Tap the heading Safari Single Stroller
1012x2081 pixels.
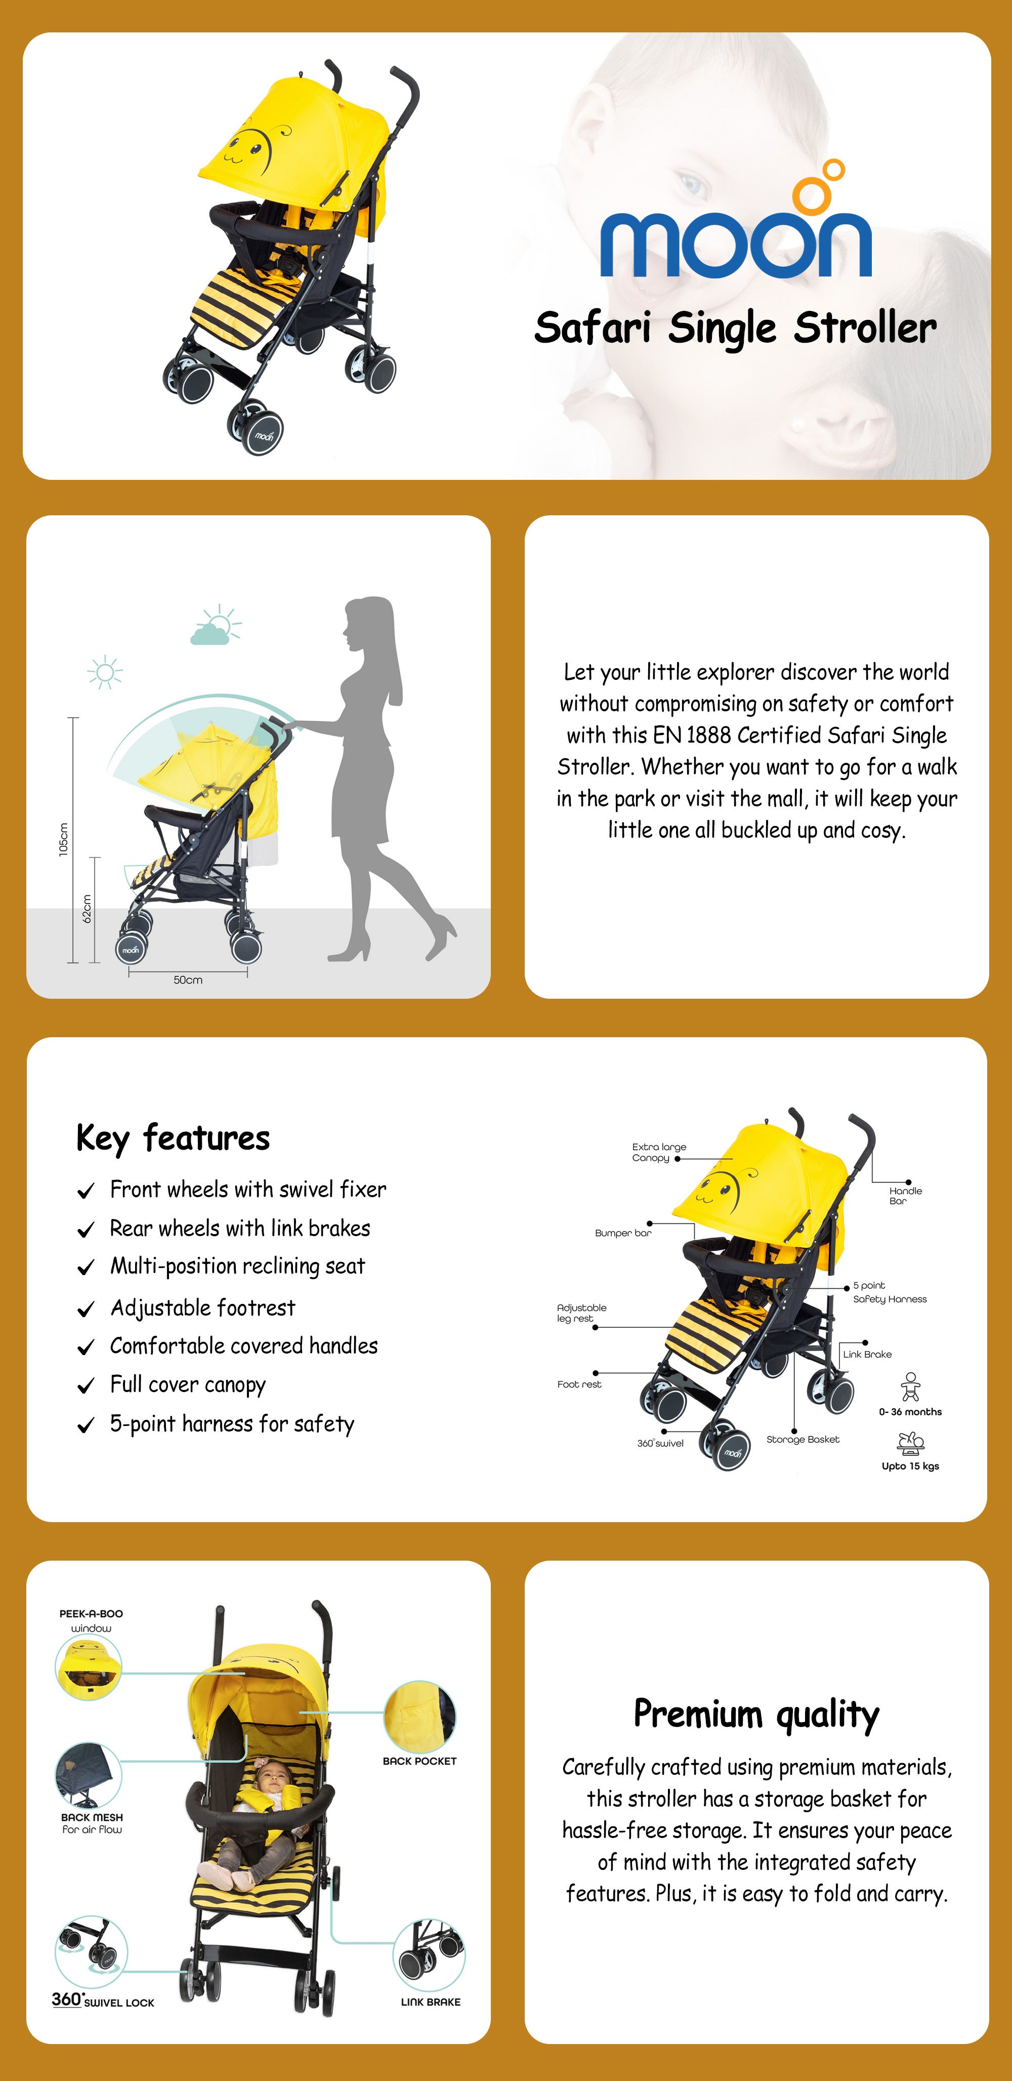(x=735, y=328)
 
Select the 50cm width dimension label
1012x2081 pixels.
(x=188, y=980)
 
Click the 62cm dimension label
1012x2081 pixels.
(x=87, y=909)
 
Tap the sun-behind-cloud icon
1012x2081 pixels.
(x=216, y=625)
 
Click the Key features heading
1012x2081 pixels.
(x=173, y=1138)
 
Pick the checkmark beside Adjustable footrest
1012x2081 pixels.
(x=86, y=1310)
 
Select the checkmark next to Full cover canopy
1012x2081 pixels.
(x=86, y=1386)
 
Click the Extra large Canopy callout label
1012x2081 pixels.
(x=659, y=1152)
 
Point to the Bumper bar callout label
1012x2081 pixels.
(x=623, y=1233)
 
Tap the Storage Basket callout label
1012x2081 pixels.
(x=803, y=1439)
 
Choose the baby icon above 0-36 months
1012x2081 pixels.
(x=910, y=1386)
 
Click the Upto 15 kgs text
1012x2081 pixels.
(x=910, y=1465)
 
